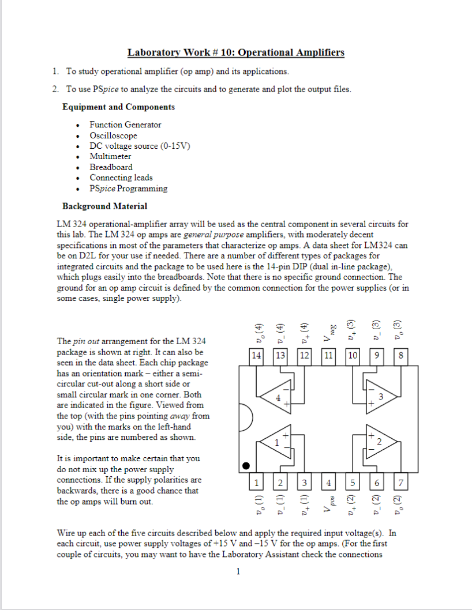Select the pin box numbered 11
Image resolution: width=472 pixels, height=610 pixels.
tap(328, 356)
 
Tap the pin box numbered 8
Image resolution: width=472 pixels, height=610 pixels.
tap(400, 356)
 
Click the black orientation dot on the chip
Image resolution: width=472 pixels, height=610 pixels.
tap(246, 465)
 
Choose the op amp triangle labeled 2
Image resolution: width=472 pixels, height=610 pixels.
tap(376, 442)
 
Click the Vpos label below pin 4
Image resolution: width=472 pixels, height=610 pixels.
tap(328, 504)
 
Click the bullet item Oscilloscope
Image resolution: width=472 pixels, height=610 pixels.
tap(113, 135)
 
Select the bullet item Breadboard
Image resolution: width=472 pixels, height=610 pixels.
tap(111, 167)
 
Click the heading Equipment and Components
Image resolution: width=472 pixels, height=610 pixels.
tap(118, 107)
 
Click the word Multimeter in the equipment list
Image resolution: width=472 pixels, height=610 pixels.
tap(110, 156)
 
